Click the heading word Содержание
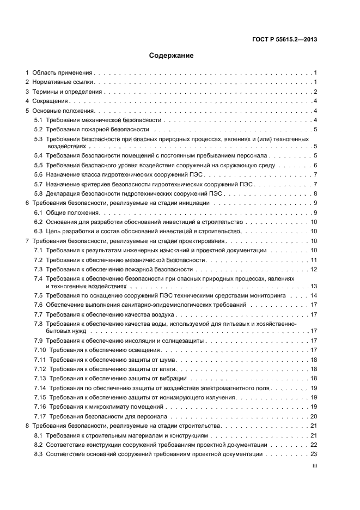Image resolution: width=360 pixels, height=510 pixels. (172, 55)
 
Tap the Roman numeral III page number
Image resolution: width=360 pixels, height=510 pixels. (314, 466)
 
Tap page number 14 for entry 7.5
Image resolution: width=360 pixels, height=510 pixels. (314, 296)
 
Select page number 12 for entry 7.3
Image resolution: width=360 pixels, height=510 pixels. (314, 269)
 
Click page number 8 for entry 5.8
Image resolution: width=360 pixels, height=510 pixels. (315, 193)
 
